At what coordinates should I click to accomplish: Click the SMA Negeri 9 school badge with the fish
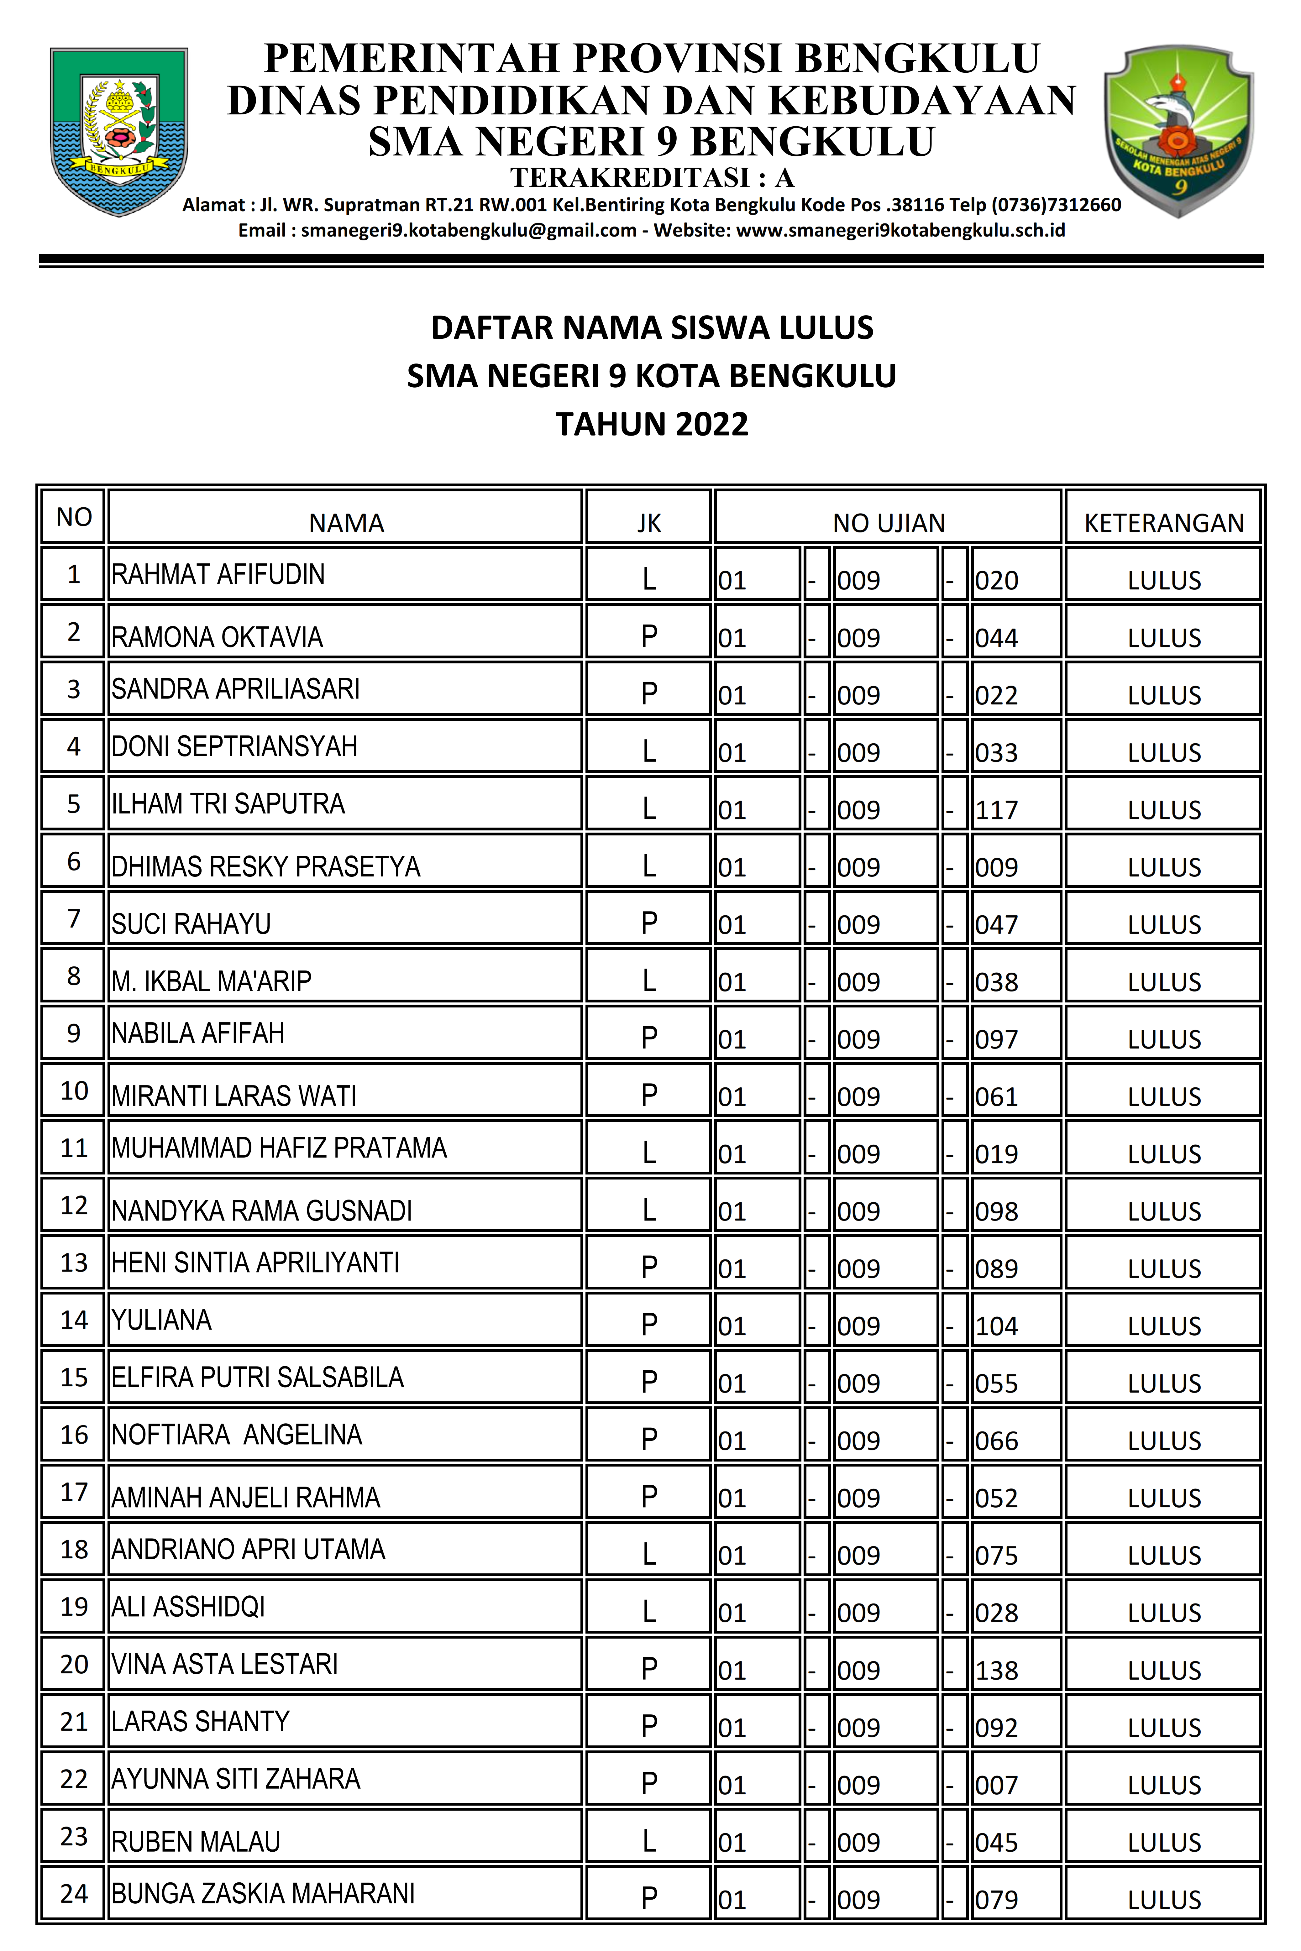point(1178,131)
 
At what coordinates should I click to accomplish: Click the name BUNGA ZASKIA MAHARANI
point(263,1894)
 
